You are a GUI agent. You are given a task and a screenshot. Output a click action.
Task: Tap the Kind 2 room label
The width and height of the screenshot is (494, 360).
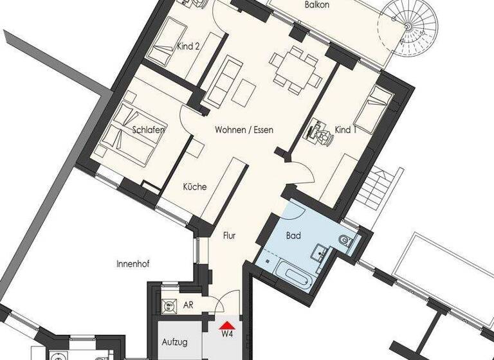[188, 46]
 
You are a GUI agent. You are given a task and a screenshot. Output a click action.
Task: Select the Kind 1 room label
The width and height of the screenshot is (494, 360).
[345, 130]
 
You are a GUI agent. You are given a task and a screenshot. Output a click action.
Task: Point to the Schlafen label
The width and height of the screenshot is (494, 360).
[149, 130]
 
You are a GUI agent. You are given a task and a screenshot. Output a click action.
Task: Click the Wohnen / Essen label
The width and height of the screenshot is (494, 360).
[244, 130]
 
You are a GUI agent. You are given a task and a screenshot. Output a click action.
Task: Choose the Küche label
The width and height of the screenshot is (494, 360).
[194, 187]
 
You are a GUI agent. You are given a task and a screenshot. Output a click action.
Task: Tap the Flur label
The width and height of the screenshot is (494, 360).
[229, 236]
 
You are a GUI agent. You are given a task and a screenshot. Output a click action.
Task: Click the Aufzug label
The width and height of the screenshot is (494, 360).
[174, 342]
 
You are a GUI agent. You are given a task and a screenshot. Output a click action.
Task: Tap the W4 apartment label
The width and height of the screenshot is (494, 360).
[226, 334]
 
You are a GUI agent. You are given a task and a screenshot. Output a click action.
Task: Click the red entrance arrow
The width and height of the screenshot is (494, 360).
[226, 324]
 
